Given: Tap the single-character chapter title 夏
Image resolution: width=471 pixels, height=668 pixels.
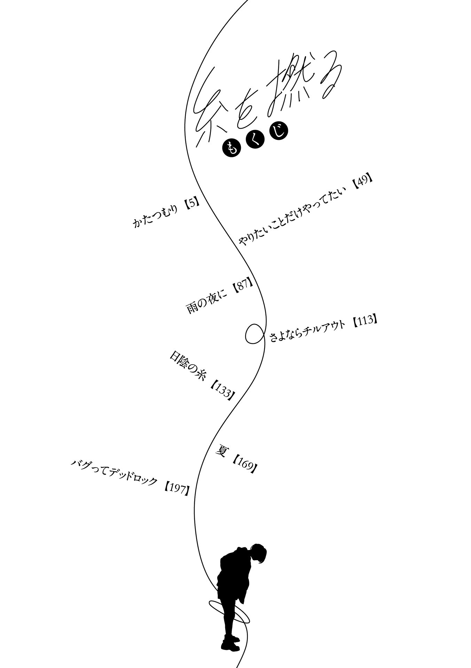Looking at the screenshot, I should point(221,451).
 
